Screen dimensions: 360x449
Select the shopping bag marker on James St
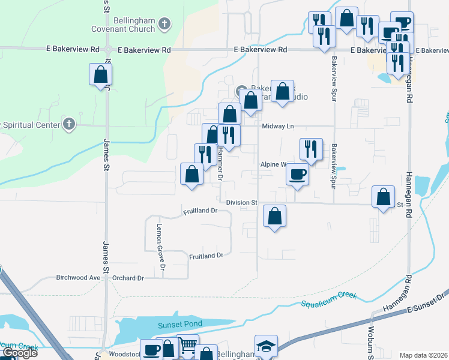[x=101, y=75]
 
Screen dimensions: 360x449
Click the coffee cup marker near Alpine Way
[x=298, y=175]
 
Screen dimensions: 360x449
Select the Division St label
[x=241, y=203]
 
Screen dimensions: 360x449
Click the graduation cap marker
[x=266, y=347]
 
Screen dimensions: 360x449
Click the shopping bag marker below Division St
[x=274, y=217]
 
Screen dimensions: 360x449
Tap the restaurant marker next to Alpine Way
[x=311, y=149]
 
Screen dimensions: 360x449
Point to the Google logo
[x=19, y=353]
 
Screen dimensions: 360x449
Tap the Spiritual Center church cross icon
[x=70, y=124]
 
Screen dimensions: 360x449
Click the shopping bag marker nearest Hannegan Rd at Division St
[x=384, y=197]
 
